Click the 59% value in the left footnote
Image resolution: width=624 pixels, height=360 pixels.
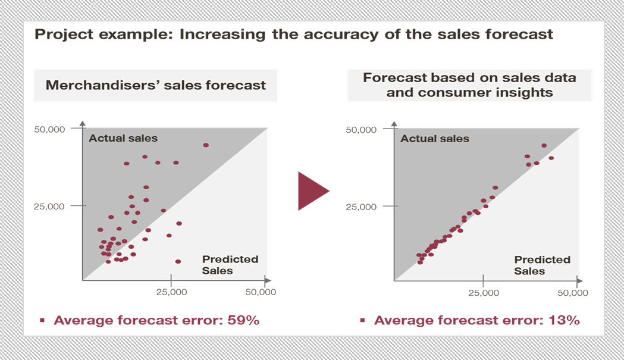243,320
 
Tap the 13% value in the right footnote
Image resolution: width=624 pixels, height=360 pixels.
564,320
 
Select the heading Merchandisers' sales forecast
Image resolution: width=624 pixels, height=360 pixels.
156,85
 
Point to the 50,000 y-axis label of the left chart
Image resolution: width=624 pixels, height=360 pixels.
49,130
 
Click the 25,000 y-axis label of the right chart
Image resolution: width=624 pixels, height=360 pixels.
361,206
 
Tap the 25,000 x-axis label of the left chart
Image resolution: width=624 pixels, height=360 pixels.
171,292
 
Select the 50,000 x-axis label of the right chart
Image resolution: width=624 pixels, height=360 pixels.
573,293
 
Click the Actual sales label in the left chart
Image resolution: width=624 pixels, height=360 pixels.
123,138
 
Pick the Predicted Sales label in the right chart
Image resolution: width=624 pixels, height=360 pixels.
542,265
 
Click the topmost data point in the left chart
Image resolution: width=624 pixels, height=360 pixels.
206,145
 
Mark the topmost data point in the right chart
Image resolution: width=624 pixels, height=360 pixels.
544,146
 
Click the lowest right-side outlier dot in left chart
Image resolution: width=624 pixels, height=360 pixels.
178,262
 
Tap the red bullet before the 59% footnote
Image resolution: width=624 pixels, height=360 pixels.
42,320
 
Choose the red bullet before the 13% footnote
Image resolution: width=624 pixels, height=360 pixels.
362,320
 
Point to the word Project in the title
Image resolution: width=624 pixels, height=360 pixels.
64,35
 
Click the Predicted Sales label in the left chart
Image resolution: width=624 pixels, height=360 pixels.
230,265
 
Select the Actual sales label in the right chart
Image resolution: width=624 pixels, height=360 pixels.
435,139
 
